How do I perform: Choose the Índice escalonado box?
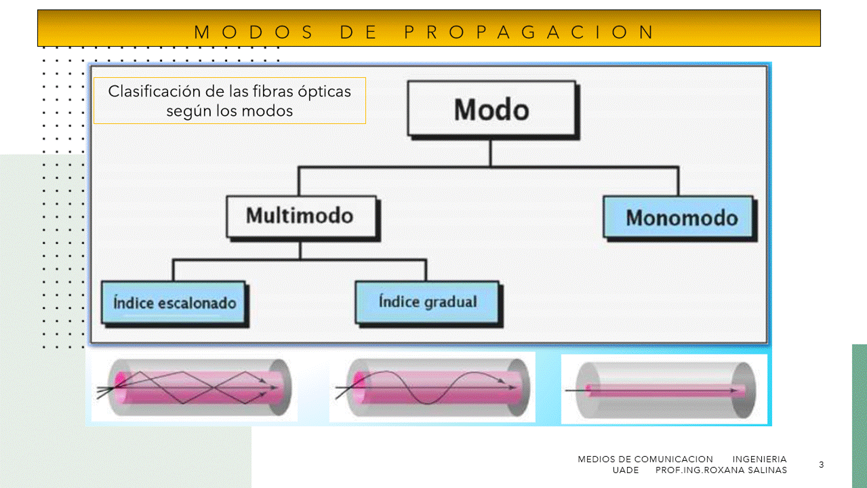pyautogui.click(x=174, y=302)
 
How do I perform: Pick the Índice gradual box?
pyautogui.click(x=427, y=302)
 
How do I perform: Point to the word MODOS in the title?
pyautogui.click(x=254, y=32)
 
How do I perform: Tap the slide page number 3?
pyautogui.click(x=822, y=464)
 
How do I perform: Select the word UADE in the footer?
pyautogui.click(x=626, y=470)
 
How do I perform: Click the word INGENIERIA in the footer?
pyautogui.click(x=759, y=459)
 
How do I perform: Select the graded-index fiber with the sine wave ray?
pyautogui.click(x=432, y=387)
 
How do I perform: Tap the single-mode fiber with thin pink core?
pyautogui.click(x=664, y=390)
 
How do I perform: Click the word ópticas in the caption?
pyautogui.click(x=325, y=91)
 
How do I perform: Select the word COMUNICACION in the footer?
pyautogui.click(x=673, y=459)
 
